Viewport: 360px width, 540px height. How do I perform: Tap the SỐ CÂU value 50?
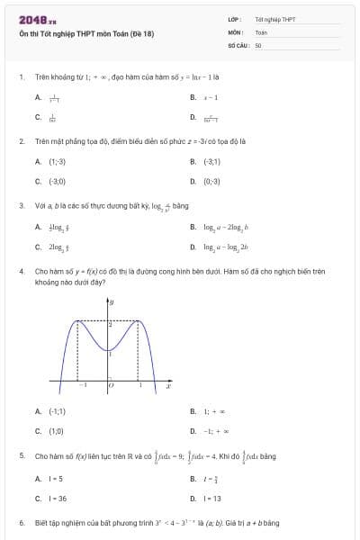coord(258,44)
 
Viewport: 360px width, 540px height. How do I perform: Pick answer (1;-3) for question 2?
coord(57,161)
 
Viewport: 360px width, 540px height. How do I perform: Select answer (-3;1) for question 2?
coord(212,161)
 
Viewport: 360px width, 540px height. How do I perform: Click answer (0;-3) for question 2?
coord(212,181)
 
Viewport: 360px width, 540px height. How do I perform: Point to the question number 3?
coord(21,205)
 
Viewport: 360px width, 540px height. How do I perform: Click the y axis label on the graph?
coord(111,302)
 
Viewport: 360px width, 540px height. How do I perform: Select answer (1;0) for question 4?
coord(56,431)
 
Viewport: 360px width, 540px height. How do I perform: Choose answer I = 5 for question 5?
coord(56,478)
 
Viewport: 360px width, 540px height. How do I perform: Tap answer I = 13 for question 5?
coord(212,498)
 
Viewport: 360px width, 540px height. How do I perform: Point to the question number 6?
coord(21,523)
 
